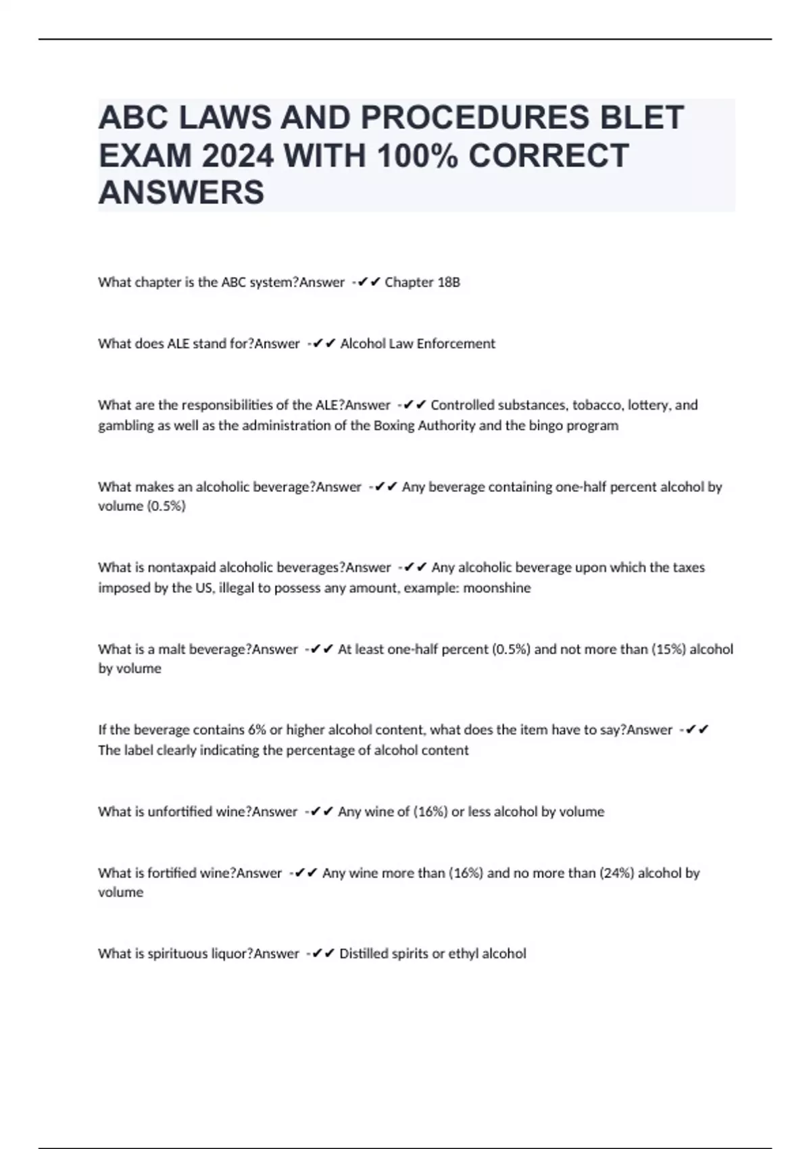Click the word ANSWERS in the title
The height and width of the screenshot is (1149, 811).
[x=181, y=193]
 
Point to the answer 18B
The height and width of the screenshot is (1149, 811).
[x=448, y=283]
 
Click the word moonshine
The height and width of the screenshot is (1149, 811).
[x=497, y=588]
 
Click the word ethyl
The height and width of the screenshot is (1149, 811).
[x=463, y=954]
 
